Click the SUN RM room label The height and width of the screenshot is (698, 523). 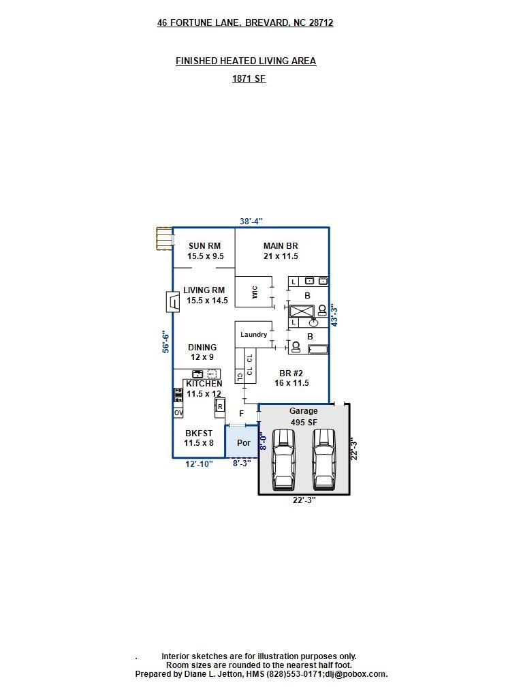pos(204,245)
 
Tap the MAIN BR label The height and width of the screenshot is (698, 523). pos(281,245)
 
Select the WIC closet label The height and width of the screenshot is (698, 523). pos(255,292)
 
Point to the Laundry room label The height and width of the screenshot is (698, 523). pos(253,335)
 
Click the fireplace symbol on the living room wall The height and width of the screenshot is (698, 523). pos(172,302)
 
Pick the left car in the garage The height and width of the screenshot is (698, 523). pos(283,459)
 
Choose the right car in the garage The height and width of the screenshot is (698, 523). pos(323,459)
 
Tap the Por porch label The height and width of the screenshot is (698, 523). pos(243,442)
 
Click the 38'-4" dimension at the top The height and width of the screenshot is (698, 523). pos(251,222)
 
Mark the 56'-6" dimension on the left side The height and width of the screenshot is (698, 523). pos(166,342)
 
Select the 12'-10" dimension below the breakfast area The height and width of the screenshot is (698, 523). pos(199,464)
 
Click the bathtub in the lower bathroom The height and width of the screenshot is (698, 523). pos(319,349)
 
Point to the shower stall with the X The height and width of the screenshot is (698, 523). pos(302,311)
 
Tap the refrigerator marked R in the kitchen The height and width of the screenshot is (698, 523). pos(220,407)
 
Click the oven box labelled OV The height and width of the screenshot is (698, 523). pos(178,412)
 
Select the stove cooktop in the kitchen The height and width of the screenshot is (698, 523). pos(178,395)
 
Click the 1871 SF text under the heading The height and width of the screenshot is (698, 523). pos(249,79)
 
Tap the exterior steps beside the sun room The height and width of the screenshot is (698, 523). pos(164,239)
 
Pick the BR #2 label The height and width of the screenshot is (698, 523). pos(291,374)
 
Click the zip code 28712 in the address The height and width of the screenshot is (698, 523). pos(321,22)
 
